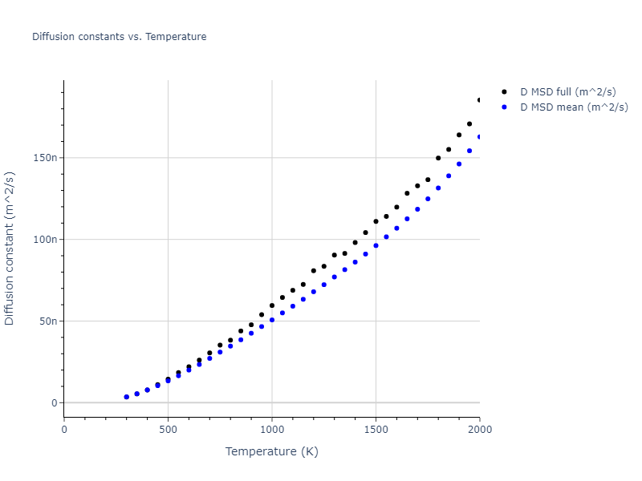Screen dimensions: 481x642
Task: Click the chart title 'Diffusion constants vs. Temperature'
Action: [119, 37]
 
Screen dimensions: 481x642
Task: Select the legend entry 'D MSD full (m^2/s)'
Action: [574, 92]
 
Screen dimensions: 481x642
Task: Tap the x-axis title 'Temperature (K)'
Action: [271, 451]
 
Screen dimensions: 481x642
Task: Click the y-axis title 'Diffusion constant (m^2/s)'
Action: [10, 248]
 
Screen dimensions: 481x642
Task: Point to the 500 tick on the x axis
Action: [168, 428]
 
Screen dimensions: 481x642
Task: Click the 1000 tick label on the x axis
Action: [272, 428]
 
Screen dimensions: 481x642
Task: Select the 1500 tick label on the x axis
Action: [376, 428]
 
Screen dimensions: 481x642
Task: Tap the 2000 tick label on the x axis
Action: [479, 428]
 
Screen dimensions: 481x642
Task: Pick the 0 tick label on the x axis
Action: [64, 428]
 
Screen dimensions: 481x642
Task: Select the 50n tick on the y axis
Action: [49, 321]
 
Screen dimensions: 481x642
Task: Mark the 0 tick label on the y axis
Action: [54, 403]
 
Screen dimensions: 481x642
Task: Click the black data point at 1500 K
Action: [376, 221]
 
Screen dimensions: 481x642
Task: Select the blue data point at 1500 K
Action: [376, 245]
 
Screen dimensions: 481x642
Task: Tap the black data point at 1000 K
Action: [272, 305]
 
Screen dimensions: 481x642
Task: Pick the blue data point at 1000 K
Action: [272, 320]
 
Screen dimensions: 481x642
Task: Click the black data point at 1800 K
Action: [438, 158]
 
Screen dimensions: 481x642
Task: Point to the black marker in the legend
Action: [504, 92]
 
